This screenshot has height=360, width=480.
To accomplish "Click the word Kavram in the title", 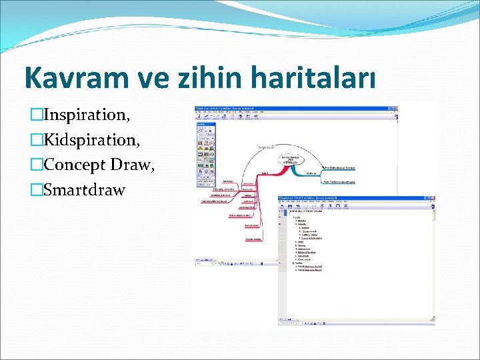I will [x=70, y=78].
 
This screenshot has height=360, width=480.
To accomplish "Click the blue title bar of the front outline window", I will [x=353, y=199].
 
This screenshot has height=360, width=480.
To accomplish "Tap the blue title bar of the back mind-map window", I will [x=293, y=108].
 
